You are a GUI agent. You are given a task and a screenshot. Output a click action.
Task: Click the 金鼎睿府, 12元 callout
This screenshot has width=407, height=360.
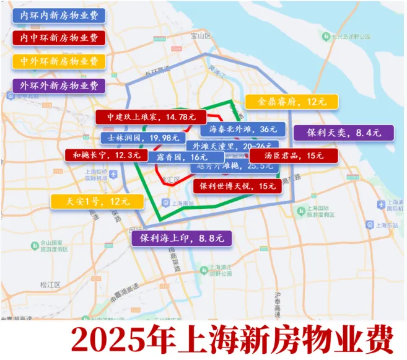(x=291, y=102)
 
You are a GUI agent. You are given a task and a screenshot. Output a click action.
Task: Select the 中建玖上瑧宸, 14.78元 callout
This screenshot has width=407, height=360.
(x=149, y=116)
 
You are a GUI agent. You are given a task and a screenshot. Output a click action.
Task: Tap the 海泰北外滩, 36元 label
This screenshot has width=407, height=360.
(x=243, y=130)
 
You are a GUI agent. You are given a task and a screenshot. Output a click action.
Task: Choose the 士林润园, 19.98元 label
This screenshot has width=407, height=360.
(x=142, y=138)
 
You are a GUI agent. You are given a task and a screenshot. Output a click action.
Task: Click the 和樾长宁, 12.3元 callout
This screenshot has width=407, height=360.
(x=106, y=155)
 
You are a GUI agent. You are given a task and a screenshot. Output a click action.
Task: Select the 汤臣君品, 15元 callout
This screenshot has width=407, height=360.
(x=294, y=156)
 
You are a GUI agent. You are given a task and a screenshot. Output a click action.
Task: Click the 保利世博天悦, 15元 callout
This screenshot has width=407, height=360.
(x=238, y=185)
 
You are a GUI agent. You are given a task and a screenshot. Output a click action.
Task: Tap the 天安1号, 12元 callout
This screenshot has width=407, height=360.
(x=97, y=201)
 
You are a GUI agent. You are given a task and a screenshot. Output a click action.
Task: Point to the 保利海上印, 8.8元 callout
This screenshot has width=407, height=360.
(x=182, y=237)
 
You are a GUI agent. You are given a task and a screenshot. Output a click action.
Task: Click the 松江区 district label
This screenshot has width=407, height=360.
(x=50, y=284)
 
